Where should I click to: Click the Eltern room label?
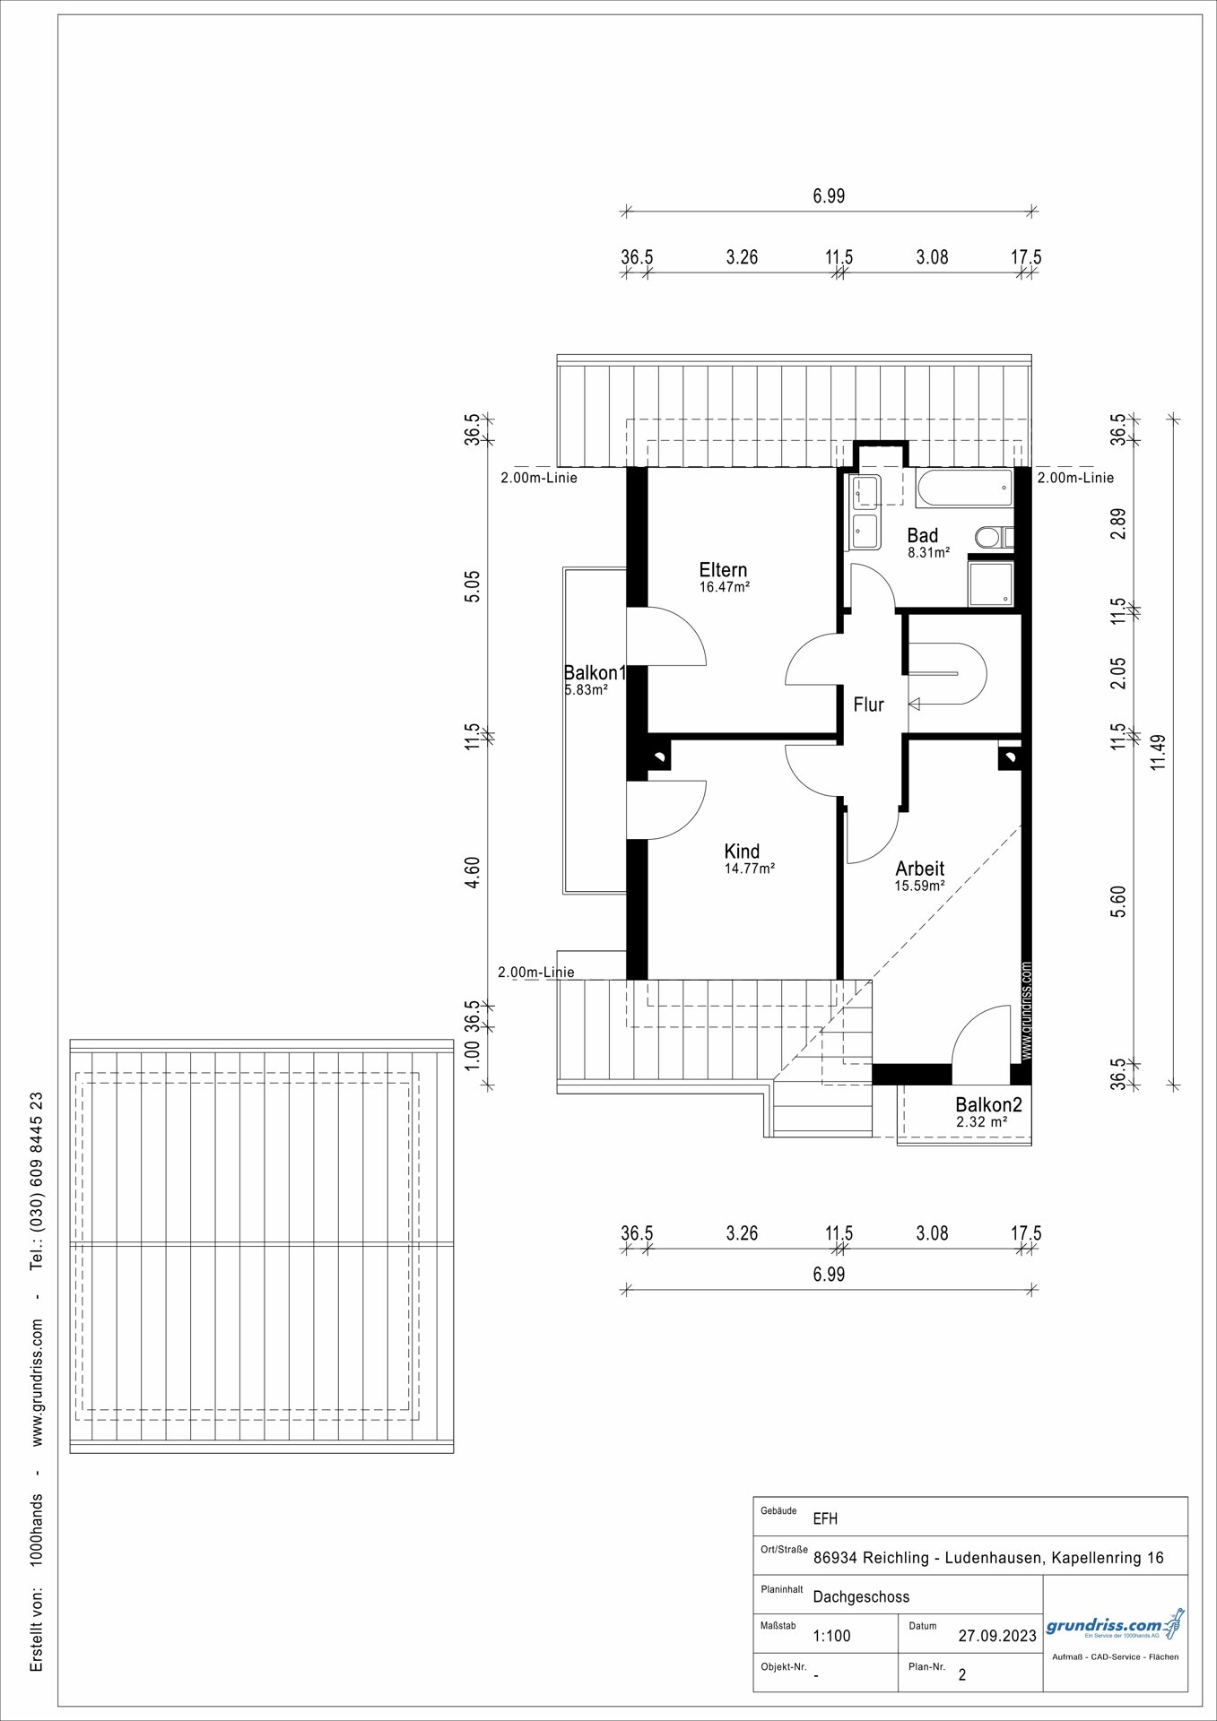coord(723,570)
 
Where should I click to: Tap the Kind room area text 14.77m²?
coord(749,869)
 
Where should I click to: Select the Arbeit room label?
coord(920,869)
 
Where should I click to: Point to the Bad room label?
coord(923,536)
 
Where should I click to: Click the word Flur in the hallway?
coord(868,705)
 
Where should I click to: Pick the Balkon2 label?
coord(988,1105)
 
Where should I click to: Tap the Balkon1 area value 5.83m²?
coord(586,690)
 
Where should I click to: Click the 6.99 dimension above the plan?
coord(829,195)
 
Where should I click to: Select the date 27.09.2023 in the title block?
coord(997,1635)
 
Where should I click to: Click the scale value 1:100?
coord(831,1635)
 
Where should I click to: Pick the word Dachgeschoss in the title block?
coord(861,1596)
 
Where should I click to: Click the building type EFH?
coord(825,1519)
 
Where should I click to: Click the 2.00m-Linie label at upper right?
coord(1075,478)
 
